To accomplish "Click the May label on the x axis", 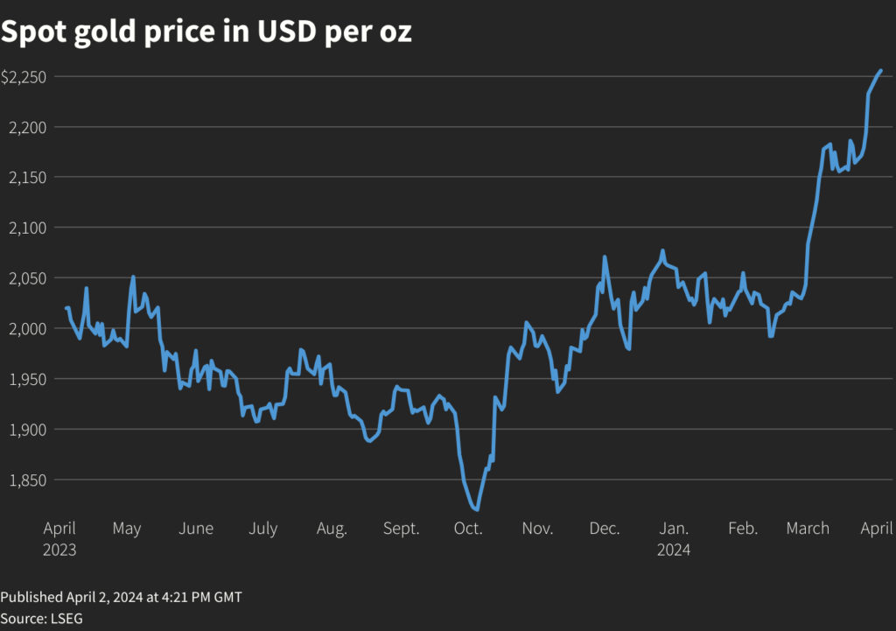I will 127,529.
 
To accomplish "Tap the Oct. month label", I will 468,529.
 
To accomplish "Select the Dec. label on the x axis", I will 605,529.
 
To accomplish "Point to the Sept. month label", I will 401,529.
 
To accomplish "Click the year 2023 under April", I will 59,550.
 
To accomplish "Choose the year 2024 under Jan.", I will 674,550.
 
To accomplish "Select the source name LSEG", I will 66,618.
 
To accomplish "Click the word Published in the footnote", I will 31,597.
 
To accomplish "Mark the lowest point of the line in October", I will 476,509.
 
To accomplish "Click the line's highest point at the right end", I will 881,70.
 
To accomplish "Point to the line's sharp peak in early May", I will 133,277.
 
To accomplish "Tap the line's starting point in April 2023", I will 66,307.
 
